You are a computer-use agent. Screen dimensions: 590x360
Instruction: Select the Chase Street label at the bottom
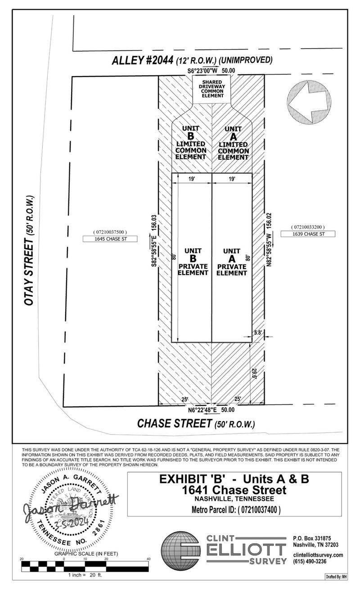(x=196, y=423)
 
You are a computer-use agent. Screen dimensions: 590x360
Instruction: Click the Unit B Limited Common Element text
(x=190, y=143)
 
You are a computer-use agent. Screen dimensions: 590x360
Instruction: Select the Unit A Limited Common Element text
(x=233, y=143)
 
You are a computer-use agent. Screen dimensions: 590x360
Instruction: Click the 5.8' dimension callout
(x=257, y=333)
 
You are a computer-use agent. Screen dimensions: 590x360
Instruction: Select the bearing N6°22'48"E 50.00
(x=211, y=410)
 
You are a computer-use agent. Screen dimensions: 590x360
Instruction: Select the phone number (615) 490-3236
(x=309, y=562)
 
